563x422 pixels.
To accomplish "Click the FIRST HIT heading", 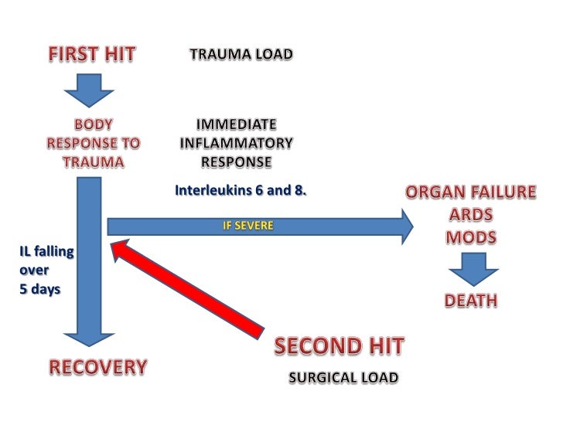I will point(93,55).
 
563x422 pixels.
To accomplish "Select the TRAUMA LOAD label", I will point(241,55).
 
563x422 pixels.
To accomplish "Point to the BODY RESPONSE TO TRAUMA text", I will point(94,143).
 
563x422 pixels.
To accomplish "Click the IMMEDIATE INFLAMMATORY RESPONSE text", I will point(237,143).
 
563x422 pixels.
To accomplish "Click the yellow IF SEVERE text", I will point(247,226).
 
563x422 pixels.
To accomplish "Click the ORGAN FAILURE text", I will point(469,192).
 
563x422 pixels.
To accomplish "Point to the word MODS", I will point(470,237).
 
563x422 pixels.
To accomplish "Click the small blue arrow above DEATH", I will point(471,271).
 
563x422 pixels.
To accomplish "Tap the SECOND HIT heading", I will point(339,347).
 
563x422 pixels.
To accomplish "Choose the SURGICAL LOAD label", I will point(343,378).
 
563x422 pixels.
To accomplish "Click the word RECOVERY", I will point(98,367).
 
